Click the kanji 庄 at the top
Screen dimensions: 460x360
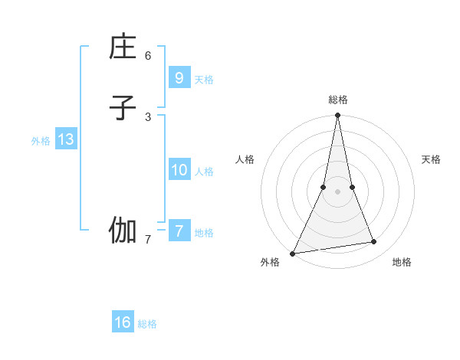coord(123,48)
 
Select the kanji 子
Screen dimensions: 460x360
coord(123,108)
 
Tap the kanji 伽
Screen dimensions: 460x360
coord(123,231)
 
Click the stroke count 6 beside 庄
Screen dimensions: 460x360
coord(148,56)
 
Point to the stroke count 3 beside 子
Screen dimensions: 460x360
coord(148,116)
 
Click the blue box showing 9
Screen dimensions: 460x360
coord(179,77)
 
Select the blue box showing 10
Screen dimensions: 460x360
coord(179,170)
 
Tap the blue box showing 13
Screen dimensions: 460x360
coord(65,139)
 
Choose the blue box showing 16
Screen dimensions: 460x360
coord(123,322)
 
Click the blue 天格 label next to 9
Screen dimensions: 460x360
coord(204,79)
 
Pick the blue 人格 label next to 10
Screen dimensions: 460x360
coord(204,172)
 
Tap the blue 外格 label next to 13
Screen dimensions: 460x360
coord(41,141)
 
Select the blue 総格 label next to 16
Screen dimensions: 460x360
coord(147,324)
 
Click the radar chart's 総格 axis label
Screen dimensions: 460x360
coord(337,100)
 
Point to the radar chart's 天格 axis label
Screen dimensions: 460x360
coord(431,159)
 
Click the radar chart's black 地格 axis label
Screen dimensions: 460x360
coord(402,262)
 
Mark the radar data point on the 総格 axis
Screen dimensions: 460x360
coord(337,116)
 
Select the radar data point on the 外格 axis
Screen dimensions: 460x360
coord(292,253)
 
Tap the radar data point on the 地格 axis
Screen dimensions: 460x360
coord(374,242)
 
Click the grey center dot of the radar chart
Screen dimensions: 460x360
coord(337,191)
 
